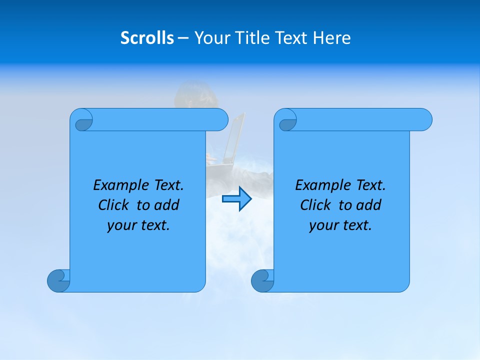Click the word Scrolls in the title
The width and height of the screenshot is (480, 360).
point(147,38)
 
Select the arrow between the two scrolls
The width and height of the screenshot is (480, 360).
point(236,198)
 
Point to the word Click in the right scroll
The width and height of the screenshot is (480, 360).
point(315,205)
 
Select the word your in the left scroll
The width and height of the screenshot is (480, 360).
point(120,225)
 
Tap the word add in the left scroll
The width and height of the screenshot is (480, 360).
point(167,205)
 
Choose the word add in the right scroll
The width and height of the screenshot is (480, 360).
point(369,205)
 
